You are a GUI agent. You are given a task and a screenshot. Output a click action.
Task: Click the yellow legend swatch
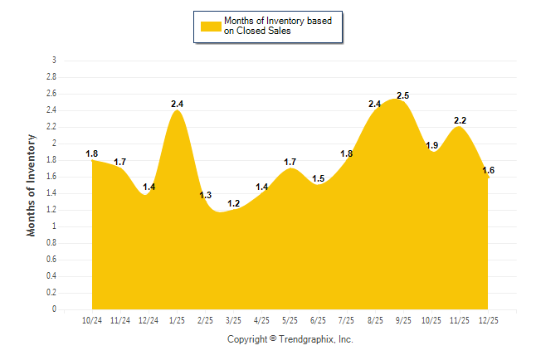click(211, 26)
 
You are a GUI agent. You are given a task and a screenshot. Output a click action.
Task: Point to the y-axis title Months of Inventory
click(32, 185)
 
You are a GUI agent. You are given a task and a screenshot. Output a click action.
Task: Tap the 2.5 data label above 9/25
click(404, 96)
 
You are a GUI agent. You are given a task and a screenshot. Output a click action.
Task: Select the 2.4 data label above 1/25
click(177, 104)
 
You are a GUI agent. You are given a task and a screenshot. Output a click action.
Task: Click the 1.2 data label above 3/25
click(234, 203)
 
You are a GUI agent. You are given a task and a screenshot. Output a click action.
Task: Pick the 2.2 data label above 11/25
click(460, 120)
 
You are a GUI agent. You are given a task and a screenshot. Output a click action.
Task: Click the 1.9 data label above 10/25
click(432, 145)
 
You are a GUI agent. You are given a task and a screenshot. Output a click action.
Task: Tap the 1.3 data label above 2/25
click(206, 195)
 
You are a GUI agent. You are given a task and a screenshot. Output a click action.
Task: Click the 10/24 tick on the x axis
click(92, 320)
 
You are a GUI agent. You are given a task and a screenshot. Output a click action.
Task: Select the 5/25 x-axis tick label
click(290, 320)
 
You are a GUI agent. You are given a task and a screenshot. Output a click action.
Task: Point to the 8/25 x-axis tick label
click(375, 320)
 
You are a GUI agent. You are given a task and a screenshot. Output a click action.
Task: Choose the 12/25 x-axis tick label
click(488, 320)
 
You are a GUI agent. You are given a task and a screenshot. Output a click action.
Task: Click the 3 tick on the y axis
click(54, 61)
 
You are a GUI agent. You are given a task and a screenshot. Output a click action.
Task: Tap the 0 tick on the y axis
click(54, 309)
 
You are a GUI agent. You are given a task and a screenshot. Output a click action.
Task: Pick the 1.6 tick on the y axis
click(51, 177)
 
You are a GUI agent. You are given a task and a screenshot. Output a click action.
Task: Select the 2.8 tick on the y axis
click(51, 77)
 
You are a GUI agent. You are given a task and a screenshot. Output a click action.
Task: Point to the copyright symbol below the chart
click(273, 339)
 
